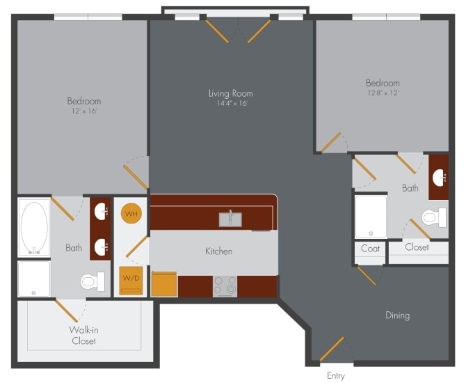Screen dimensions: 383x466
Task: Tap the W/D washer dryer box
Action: click(x=130, y=281)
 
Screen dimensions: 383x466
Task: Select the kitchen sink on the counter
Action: click(x=230, y=219)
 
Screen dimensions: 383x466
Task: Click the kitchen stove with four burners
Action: click(x=225, y=286)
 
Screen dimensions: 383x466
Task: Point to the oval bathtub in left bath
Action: click(x=33, y=226)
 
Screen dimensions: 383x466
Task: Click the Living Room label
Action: click(x=230, y=93)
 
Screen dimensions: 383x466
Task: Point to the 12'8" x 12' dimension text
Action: click(x=383, y=93)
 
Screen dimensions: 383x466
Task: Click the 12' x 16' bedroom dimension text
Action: click(x=84, y=111)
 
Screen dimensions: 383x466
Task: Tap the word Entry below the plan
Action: click(x=335, y=376)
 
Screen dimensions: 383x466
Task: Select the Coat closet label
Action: click(x=370, y=249)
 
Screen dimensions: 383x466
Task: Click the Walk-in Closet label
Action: click(x=83, y=335)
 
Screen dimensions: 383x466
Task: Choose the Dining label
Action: click(x=398, y=315)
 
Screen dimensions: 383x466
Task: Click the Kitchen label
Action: click(x=218, y=251)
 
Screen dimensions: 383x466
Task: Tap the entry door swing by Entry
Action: click(x=332, y=349)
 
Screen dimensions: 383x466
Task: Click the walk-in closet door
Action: click(x=67, y=311)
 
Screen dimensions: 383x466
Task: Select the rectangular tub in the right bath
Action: click(x=371, y=217)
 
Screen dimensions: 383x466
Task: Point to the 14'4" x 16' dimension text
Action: click(x=230, y=103)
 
